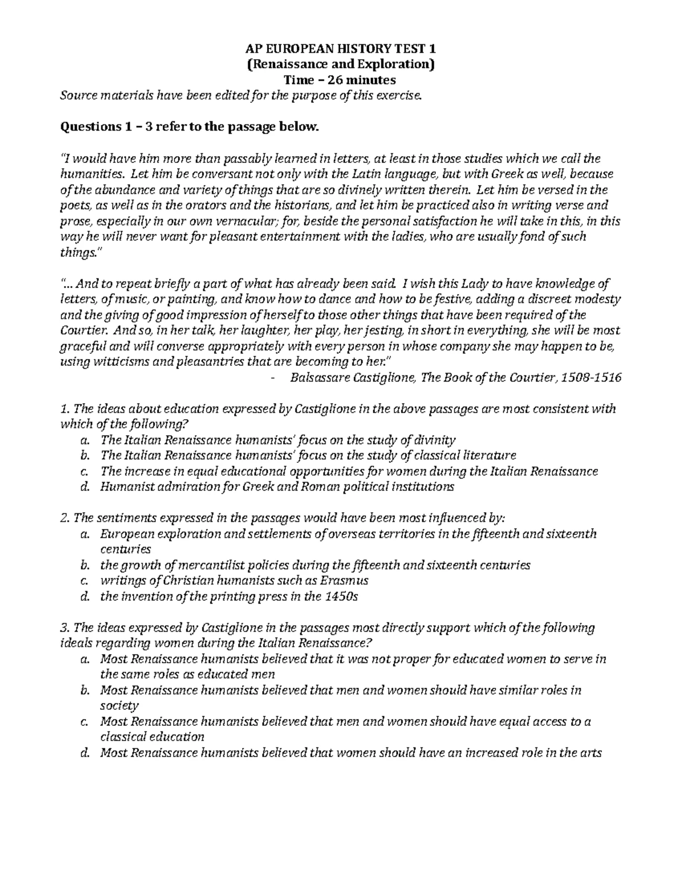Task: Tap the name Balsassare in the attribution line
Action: pyautogui.click(x=318, y=378)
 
